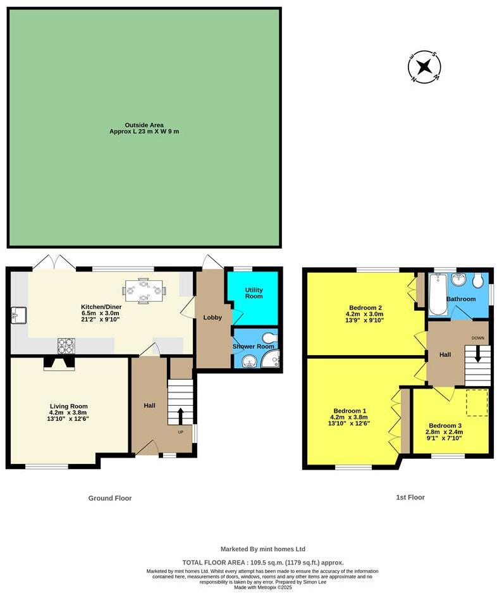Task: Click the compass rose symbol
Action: pos(424,66)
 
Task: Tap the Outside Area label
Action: pos(144,125)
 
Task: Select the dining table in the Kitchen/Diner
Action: pos(144,291)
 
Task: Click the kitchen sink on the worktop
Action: pos(18,315)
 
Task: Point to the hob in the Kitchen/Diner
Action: pos(66,346)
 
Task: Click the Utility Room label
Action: pos(254,293)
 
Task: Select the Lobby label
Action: pos(212,317)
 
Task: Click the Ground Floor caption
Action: pos(110,498)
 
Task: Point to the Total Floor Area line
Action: pos(263,562)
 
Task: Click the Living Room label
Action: pos(69,406)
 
